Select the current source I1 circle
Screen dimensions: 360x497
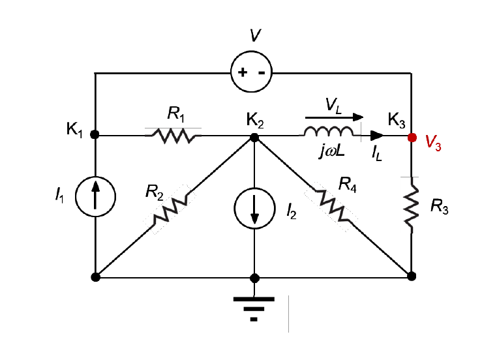point(95,195)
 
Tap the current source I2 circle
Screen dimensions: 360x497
point(254,210)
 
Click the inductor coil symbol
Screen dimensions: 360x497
point(329,133)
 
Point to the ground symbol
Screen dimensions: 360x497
point(254,307)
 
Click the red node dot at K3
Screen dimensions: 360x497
point(412,137)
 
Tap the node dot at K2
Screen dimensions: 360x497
point(254,137)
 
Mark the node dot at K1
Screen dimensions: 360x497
point(95,135)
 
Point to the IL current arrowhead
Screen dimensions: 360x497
point(377,136)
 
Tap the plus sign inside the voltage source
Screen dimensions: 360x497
point(242,72)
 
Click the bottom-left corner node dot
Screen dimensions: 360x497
point(95,277)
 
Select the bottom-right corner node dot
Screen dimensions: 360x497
point(412,276)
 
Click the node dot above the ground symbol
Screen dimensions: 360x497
point(254,277)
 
